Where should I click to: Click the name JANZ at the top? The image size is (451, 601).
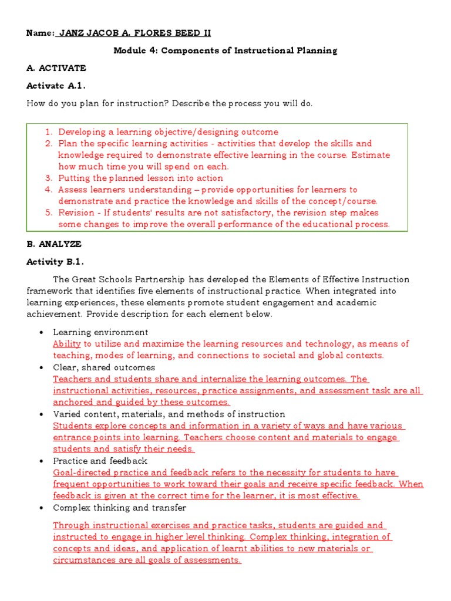point(72,33)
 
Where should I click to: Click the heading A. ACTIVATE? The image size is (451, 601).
point(56,68)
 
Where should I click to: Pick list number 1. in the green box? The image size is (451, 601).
point(49,132)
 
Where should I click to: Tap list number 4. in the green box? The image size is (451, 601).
point(49,190)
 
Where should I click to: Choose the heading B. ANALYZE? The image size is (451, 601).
point(54,244)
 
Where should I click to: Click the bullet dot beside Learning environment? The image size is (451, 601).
point(42,333)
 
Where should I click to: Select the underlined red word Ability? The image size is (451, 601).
point(66,344)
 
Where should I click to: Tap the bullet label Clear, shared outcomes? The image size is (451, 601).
point(104,367)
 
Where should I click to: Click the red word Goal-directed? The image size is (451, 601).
point(82,472)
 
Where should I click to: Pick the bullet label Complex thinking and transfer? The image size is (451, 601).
point(119,508)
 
